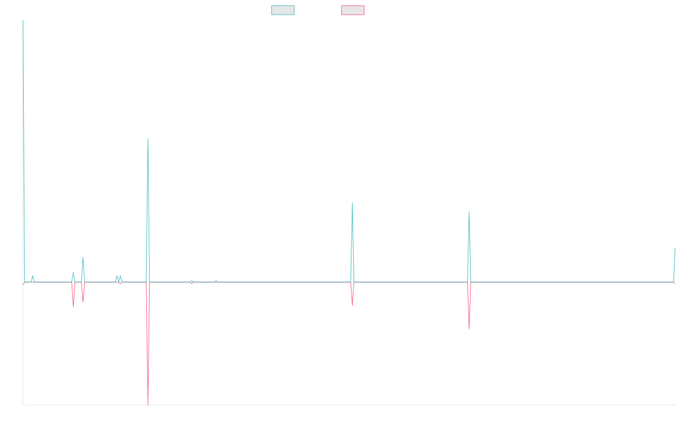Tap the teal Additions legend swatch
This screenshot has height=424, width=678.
coord(283,10)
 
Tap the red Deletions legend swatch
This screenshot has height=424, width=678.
coord(353,10)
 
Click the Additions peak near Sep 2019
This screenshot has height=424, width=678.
coord(148,139)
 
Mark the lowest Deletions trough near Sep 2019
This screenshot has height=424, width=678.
coord(148,404)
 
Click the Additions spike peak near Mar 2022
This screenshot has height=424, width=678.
coord(353,203)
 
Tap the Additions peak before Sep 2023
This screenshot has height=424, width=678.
coord(469,213)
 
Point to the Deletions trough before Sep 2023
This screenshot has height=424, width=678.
coord(469,328)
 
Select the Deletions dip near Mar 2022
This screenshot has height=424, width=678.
coord(353,305)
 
